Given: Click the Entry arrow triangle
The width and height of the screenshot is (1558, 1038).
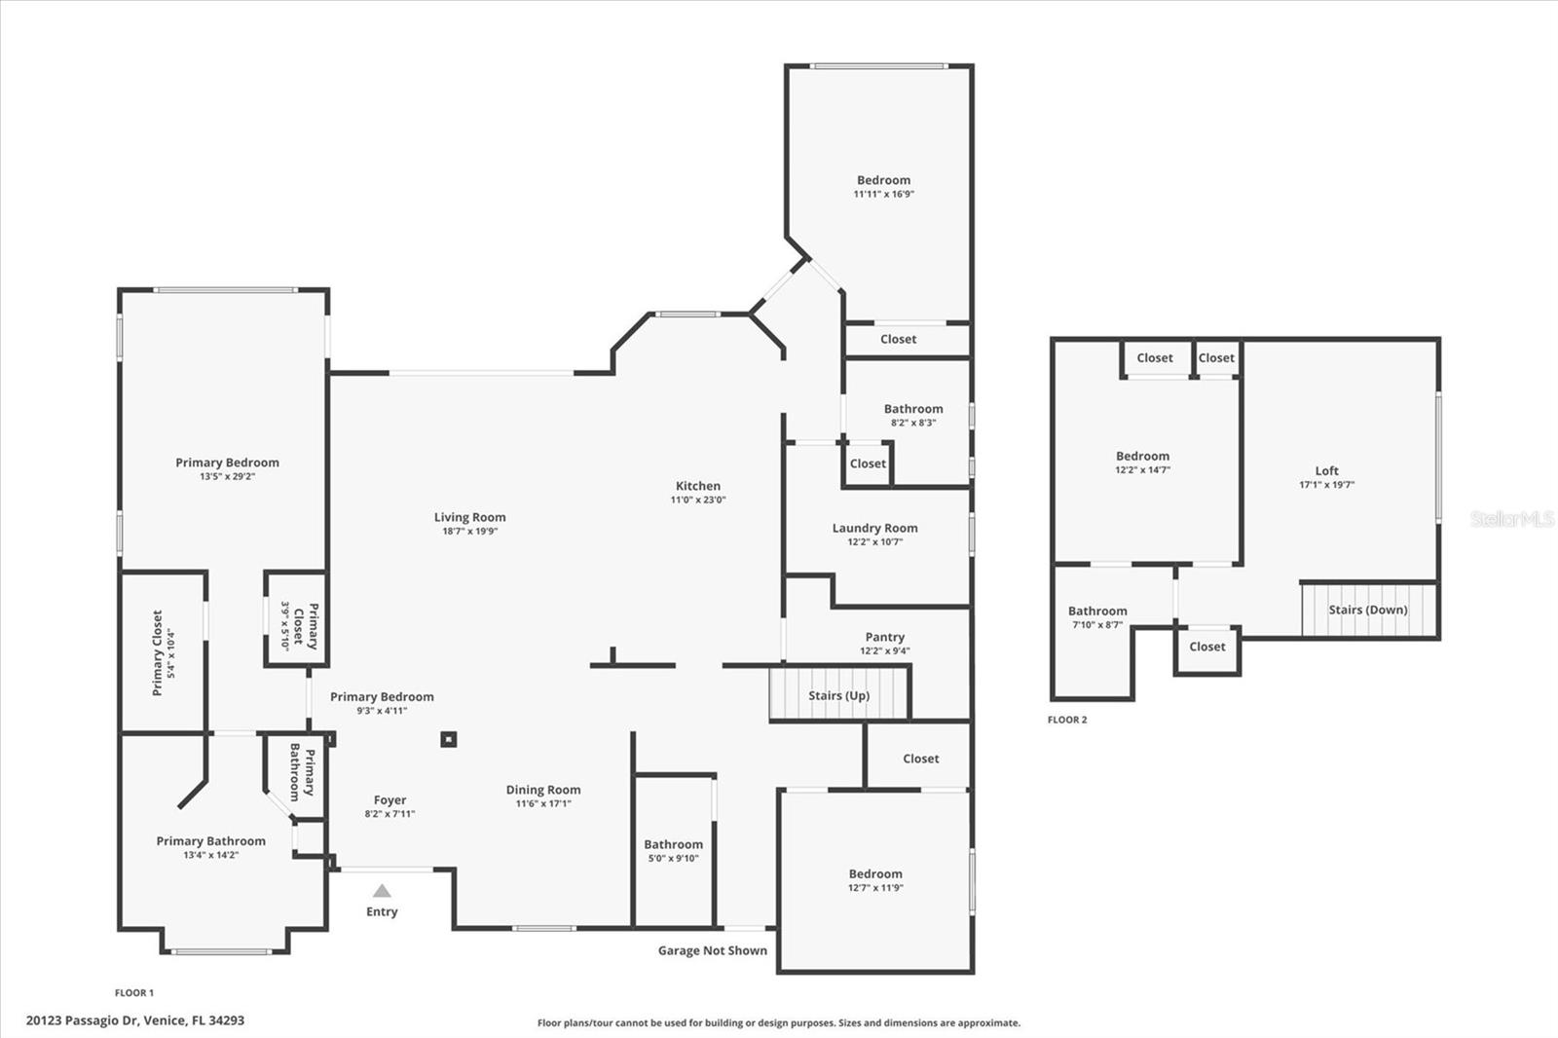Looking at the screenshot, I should tap(382, 890).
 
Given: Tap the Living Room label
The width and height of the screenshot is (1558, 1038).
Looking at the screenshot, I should tap(469, 517).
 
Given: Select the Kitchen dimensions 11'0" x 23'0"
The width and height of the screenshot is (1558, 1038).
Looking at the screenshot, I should tap(698, 500).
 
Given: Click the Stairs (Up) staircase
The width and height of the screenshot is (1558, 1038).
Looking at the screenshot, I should tap(839, 694).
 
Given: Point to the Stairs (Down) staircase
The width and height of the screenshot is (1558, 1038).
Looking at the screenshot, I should tap(1368, 610).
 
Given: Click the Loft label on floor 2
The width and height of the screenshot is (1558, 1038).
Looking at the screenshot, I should tap(1326, 470).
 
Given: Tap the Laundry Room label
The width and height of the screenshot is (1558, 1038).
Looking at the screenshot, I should tap(874, 528).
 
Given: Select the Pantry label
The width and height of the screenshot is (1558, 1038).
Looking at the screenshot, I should tap(884, 637).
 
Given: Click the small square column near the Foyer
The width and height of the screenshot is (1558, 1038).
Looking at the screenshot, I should tap(448, 739).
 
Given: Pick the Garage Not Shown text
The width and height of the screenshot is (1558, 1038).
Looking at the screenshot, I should tap(712, 950).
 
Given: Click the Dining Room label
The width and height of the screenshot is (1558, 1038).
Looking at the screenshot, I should tap(543, 790).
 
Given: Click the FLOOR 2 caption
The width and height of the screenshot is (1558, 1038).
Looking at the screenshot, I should tap(1066, 720).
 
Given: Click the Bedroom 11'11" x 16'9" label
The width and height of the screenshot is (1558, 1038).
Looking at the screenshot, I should tap(883, 180).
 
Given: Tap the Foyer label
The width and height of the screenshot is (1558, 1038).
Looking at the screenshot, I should tap(389, 799).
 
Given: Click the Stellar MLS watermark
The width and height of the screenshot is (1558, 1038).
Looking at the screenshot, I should tap(1511, 519).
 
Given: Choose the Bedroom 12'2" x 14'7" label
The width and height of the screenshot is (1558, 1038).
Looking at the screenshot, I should tap(1142, 456).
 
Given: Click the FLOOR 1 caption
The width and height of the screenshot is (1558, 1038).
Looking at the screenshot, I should tap(134, 992).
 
